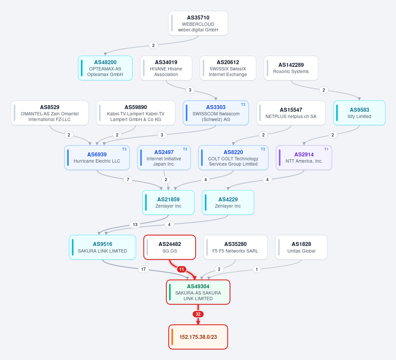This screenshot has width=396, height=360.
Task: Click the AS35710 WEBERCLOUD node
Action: pos(198,23)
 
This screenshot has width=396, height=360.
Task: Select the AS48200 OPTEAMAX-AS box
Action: pos(105,68)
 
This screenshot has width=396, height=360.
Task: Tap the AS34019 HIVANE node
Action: pos(166,68)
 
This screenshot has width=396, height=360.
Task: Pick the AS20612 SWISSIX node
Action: pos(228,68)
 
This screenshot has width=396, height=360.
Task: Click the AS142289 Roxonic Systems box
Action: pos(291,68)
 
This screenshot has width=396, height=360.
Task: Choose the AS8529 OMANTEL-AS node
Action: pos(50,113)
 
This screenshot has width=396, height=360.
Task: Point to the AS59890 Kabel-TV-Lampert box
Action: pos(136,113)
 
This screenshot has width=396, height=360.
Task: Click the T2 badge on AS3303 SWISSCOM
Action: pos(243,104)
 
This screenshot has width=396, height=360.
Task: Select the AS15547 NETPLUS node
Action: pos(291,113)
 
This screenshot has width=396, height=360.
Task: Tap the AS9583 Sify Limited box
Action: pos(359,113)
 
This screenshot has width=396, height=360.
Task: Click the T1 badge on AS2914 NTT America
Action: pos(326,149)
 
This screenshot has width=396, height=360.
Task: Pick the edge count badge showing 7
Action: pos(128,180)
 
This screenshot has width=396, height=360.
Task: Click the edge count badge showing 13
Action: pos(135,224)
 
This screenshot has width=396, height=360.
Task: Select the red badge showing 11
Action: pos(182,269)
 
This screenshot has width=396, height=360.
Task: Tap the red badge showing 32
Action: pos(198,314)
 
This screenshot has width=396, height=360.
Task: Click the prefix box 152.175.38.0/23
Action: pos(198,337)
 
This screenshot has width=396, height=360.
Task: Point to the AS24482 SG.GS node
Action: pos(170,247)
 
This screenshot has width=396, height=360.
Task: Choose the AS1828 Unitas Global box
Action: pos(301,247)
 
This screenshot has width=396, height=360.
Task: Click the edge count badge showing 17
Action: pos(143,269)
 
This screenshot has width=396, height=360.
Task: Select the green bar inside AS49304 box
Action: pos(170,292)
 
